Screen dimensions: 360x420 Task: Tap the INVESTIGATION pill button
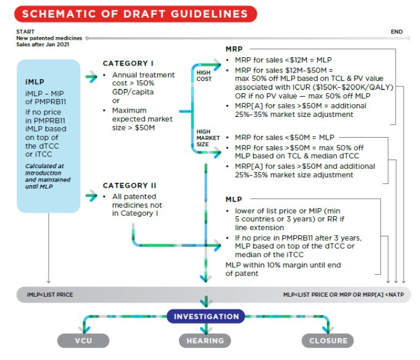click(x=206, y=317)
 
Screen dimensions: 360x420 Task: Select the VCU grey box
click(x=84, y=341)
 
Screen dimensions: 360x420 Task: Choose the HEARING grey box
click(x=206, y=341)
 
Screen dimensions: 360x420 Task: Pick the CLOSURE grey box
click(x=328, y=341)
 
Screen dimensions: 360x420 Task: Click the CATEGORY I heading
click(x=128, y=63)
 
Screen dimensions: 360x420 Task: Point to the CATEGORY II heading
click(x=130, y=185)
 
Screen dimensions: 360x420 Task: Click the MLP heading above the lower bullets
click(x=234, y=199)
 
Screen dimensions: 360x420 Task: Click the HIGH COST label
click(x=204, y=76)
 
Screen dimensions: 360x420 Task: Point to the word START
click(x=26, y=30)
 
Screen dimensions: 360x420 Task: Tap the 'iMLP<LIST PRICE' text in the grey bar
click(x=50, y=295)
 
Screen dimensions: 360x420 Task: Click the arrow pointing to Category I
click(x=92, y=76)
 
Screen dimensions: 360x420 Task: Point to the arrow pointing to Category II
click(x=92, y=196)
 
